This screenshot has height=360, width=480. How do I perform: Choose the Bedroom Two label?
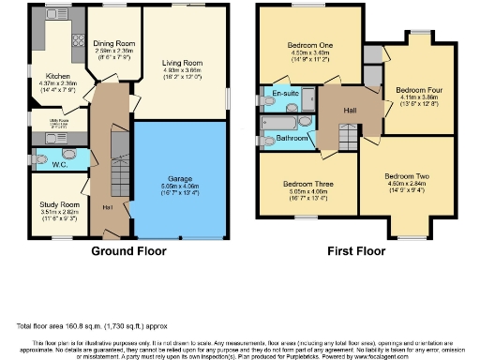409,176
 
